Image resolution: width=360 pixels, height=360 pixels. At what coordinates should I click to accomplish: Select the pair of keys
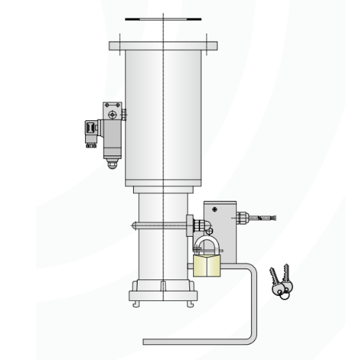pyautogui.click(x=280, y=282)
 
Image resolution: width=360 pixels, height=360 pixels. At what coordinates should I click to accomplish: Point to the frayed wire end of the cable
pyautogui.click(x=273, y=216)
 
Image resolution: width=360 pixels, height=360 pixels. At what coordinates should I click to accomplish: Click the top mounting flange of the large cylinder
pyautogui.click(x=163, y=46)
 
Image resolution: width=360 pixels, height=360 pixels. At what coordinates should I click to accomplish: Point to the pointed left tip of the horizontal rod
pyautogui.click(x=132, y=225)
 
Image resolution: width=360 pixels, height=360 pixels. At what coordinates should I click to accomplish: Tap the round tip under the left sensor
pyautogui.click(x=111, y=164)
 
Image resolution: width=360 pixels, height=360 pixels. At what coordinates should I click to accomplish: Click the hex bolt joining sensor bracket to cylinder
pyautogui.click(x=124, y=113)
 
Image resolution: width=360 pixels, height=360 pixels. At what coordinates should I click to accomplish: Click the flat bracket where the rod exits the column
pyautogui.click(x=189, y=225)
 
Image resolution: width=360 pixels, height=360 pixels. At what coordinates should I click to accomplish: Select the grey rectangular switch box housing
pyautogui.click(x=220, y=223)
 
